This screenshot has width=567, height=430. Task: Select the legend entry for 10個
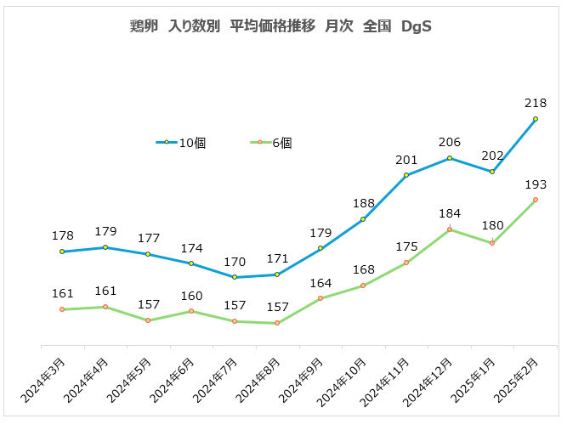coord(182,143)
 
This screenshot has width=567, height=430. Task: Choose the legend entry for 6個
coord(274,143)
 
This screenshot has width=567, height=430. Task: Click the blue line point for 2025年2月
coord(536,119)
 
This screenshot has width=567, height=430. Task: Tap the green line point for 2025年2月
coord(536,200)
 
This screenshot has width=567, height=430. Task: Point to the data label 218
coord(536,102)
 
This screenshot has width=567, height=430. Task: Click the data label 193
coord(536,184)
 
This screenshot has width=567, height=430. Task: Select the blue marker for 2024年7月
coord(234,277)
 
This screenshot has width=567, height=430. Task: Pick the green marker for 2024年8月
coord(277,323)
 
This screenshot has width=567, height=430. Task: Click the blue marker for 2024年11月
coord(406,175)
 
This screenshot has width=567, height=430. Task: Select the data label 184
coord(450,213)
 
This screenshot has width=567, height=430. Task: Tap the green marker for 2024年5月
coord(148,320)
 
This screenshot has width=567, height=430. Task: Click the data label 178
coord(62,235)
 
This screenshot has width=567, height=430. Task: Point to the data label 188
coord(363,203)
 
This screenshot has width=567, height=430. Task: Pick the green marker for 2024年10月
coord(363,286)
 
